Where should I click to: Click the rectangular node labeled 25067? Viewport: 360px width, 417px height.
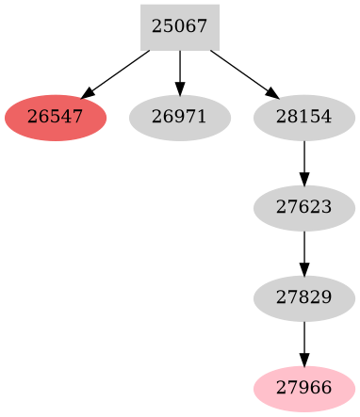[179, 27]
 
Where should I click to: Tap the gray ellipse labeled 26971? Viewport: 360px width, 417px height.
[179, 119]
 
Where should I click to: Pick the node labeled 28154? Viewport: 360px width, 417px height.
[304, 119]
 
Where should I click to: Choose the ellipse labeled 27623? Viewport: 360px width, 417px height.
[304, 208]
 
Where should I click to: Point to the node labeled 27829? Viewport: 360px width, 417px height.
[304, 298]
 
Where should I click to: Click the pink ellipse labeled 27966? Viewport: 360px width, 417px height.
[304, 389]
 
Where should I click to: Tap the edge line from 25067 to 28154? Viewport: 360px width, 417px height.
[239, 71]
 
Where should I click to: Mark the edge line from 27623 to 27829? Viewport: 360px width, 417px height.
[304, 249]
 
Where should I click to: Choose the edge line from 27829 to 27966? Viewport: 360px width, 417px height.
[304, 339]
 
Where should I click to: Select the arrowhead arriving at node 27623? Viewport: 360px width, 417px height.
[304, 180]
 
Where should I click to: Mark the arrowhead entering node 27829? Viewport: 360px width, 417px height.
[304, 270]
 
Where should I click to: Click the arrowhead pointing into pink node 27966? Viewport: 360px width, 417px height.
[304, 361]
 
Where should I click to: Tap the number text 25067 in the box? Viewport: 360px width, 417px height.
[179, 27]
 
